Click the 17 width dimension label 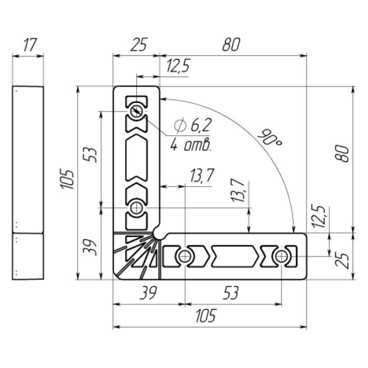click(30, 45)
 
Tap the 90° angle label click(270, 137)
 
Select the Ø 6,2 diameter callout click(193, 125)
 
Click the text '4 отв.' click(190, 145)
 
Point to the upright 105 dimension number click(206, 315)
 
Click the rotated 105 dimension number click(67, 179)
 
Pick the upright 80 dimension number click(231, 44)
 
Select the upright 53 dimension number click(231, 293)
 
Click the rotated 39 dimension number click(90, 248)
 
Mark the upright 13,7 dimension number click(201, 176)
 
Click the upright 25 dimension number click(139, 44)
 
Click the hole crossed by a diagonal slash click(136, 111)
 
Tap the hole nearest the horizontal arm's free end click(281, 257)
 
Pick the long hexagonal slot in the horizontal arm click(234, 257)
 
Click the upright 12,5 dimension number click(178, 66)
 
